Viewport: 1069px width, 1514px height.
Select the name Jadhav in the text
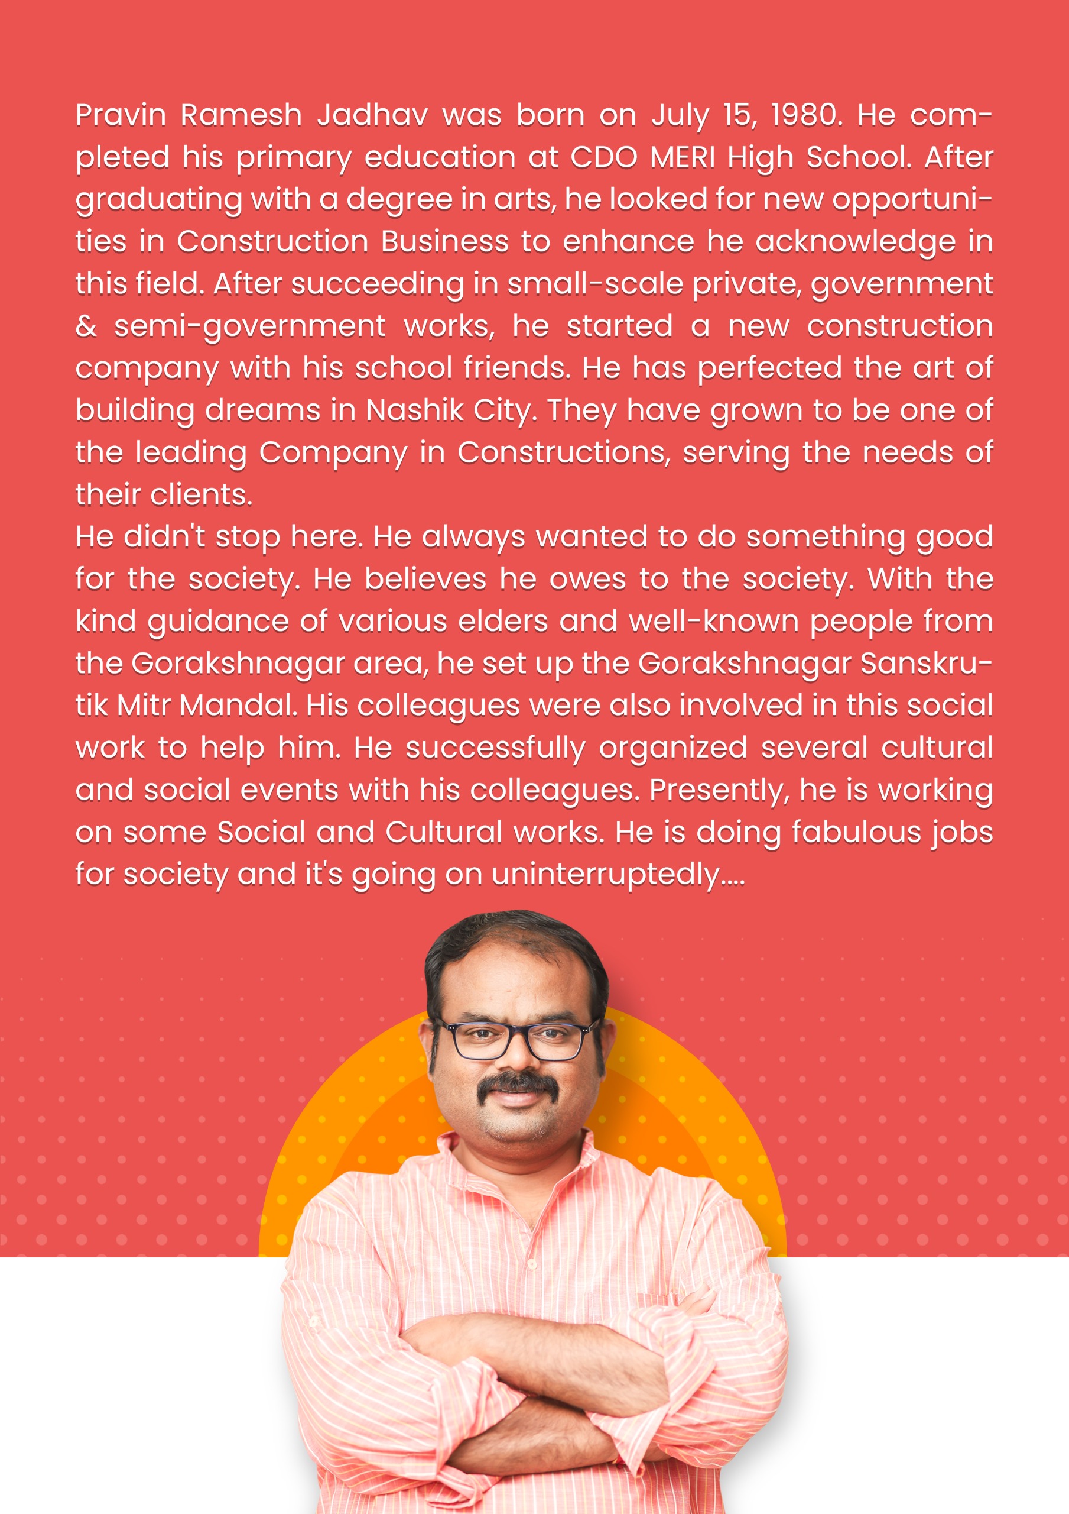[x=372, y=115]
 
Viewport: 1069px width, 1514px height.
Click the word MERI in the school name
[x=682, y=157]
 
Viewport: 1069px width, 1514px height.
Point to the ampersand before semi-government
[x=86, y=326]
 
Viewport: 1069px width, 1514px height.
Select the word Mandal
[x=238, y=706]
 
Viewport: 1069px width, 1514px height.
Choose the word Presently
[x=719, y=791]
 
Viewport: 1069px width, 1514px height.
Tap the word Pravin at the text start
[x=121, y=115]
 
